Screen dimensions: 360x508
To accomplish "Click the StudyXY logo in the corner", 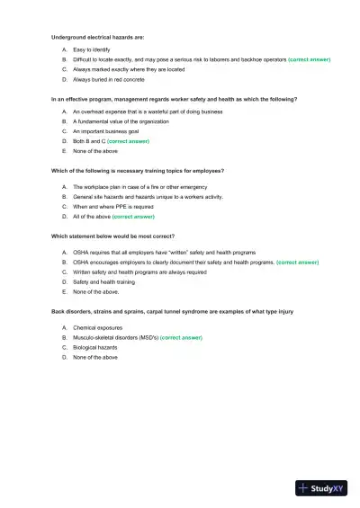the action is coord(321,488).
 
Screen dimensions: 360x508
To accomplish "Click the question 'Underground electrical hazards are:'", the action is coord(98,38).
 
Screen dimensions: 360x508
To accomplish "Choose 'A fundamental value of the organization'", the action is coord(121,121).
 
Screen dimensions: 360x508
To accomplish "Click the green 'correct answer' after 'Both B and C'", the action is coord(130,141).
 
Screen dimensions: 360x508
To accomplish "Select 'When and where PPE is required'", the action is coord(112,207).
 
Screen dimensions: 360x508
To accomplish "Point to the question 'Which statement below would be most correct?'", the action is coord(112,236).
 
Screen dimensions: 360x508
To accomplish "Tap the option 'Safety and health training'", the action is coord(103,282).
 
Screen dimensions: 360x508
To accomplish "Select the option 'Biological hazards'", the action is coord(95,347).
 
